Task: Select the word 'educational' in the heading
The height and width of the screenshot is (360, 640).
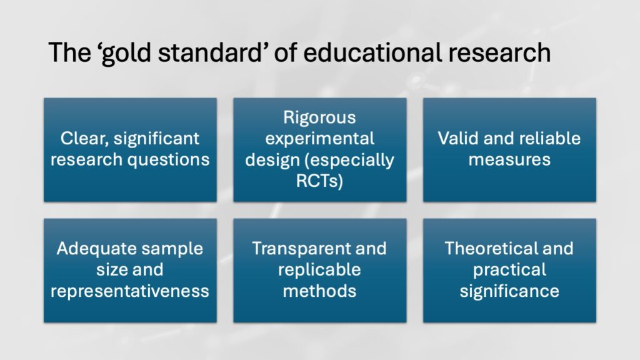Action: (372, 52)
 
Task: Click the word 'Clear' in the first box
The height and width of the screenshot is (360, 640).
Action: (84, 139)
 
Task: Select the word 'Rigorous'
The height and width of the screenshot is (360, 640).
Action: (319, 118)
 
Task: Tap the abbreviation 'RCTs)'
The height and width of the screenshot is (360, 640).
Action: (319, 181)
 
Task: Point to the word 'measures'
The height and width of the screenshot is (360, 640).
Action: (509, 159)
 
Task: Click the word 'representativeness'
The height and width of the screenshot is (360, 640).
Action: (130, 291)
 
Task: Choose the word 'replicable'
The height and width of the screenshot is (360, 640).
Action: (319, 270)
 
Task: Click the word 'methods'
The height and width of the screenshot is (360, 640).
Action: (319, 291)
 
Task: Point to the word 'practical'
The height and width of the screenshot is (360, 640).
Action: (509, 270)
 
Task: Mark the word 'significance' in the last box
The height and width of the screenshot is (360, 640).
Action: (509, 291)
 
